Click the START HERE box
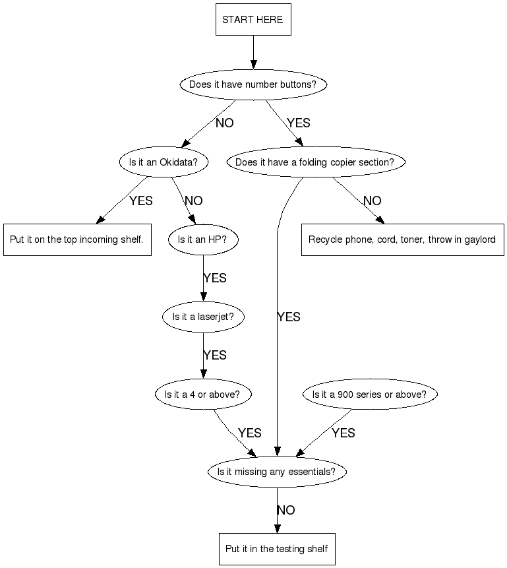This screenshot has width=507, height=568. pos(253,20)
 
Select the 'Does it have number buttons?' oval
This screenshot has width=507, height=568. pos(253,84)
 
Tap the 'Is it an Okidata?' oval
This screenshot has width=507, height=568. pos(164,162)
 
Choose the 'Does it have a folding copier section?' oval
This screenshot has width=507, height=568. pos(314,162)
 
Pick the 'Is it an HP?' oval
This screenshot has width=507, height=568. pos(202,239)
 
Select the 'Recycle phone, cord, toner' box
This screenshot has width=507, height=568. pos(402,239)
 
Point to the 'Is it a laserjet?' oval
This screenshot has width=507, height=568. pos(202,317)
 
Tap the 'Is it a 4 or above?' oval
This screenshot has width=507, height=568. pos(202,394)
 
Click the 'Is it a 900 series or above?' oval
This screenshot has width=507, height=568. pos(369,394)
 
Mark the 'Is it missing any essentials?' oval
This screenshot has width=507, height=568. pos(277,472)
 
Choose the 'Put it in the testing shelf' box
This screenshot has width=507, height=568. pos(277,549)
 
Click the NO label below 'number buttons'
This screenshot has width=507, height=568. pos(225,123)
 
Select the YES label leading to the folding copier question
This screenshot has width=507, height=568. pos(298,123)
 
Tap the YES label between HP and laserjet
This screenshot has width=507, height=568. pos(215,278)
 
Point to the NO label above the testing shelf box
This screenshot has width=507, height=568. pos(286,510)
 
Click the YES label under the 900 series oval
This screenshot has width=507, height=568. pos(343,433)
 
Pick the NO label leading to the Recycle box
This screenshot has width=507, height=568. pos(372,201)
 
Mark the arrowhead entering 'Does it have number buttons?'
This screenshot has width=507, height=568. pos(253,64)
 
